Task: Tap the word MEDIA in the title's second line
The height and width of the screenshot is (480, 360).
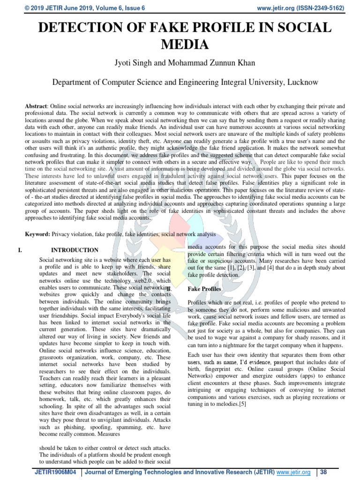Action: [184, 45]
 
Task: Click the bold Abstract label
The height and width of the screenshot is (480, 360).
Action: [36, 106]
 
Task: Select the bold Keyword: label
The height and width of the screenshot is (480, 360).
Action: [37, 233]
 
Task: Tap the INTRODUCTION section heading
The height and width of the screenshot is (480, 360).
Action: [75, 250]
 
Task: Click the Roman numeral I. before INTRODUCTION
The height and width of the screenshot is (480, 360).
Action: [20, 250]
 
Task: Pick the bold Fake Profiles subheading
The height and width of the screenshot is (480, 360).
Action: [204, 289]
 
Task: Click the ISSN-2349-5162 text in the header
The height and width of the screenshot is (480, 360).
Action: [326, 8]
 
